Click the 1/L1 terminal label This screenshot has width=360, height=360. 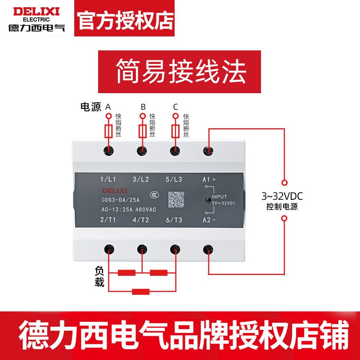(108, 180)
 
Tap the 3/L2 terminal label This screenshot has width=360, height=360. (141, 180)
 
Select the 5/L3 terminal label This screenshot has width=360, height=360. (173, 180)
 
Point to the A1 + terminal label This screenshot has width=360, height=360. (209, 180)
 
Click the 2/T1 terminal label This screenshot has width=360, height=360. (108, 220)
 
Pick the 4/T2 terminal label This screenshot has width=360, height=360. (141, 220)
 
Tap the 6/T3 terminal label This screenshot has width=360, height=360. (173, 220)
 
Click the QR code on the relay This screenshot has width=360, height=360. (176, 199)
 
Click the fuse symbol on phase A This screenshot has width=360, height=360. (108, 131)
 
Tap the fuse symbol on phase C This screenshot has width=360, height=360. (175, 131)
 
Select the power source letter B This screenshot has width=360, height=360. (143, 107)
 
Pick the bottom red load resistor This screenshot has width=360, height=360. (141, 291)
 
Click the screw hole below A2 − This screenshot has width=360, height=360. (208, 248)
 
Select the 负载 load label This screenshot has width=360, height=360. (99, 276)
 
